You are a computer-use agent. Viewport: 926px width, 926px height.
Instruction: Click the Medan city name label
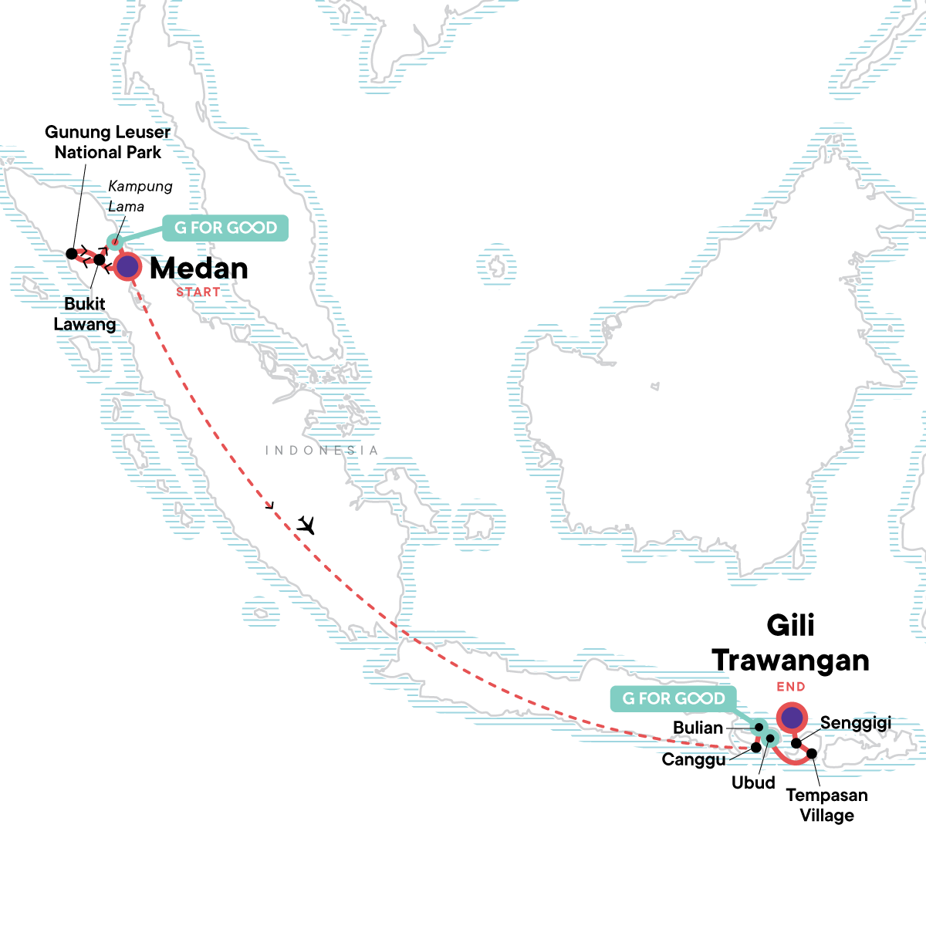pyautogui.click(x=199, y=269)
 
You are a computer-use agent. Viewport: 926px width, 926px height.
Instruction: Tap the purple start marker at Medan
pyautogui.click(x=127, y=267)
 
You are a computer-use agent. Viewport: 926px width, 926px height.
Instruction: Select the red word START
pyautogui.click(x=198, y=292)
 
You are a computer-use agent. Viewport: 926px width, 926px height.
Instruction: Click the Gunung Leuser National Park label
pyautogui.click(x=108, y=142)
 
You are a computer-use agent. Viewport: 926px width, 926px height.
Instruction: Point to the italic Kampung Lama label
pyautogui.click(x=140, y=196)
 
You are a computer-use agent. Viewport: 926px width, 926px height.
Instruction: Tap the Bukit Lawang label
pyautogui.click(x=85, y=313)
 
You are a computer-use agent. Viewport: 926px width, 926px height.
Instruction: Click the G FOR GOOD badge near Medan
pyautogui.click(x=225, y=228)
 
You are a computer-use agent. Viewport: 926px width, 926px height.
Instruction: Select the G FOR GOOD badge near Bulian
pyautogui.click(x=673, y=698)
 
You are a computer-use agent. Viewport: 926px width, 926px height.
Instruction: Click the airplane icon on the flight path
pyautogui.click(x=306, y=525)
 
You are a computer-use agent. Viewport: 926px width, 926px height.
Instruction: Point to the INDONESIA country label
pyautogui.click(x=322, y=450)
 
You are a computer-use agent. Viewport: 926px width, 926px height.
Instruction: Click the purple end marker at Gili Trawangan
pyautogui.click(x=791, y=718)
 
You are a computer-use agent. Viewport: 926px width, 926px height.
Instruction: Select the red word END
pyautogui.click(x=791, y=687)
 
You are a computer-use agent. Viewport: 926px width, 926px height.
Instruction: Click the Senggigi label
pyautogui.click(x=856, y=723)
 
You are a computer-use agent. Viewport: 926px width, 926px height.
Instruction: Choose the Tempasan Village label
pyautogui.click(x=826, y=805)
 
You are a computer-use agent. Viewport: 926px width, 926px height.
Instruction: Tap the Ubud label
pyautogui.click(x=753, y=782)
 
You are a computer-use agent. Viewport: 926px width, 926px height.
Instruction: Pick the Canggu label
pyautogui.click(x=694, y=759)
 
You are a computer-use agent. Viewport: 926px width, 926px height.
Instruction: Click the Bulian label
pyautogui.click(x=698, y=728)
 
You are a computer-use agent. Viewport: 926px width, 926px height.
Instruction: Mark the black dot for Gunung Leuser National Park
pyautogui.click(x=71, y=253)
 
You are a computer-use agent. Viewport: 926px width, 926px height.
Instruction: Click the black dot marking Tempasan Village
pyautogui.click(x=812, y=752)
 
